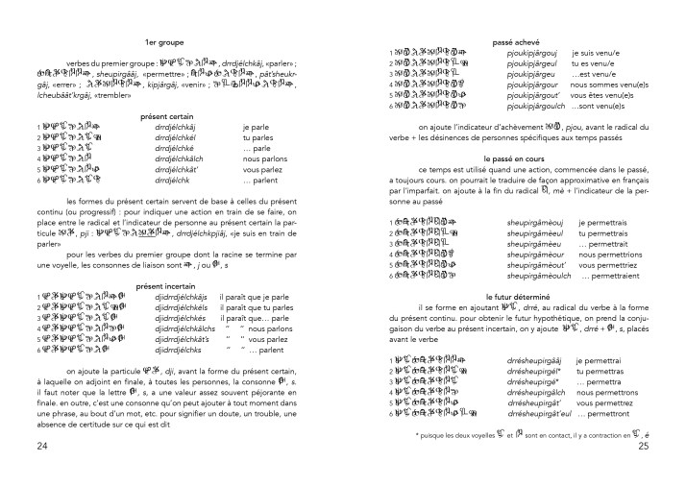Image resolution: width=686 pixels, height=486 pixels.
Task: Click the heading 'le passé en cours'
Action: pos(516,156)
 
